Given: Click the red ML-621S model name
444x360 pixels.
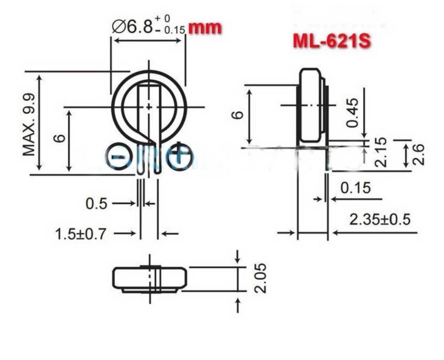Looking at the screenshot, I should tap(331, 42).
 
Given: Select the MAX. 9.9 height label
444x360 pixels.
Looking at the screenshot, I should tap(29, 124).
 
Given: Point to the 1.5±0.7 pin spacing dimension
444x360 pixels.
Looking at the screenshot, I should tap(81, 233).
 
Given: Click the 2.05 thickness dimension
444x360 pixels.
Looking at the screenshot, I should tap(261, 278).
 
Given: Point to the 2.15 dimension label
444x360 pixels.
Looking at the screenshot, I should tap(381, 152).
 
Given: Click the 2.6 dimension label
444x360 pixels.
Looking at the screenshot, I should tap(418, 155).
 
